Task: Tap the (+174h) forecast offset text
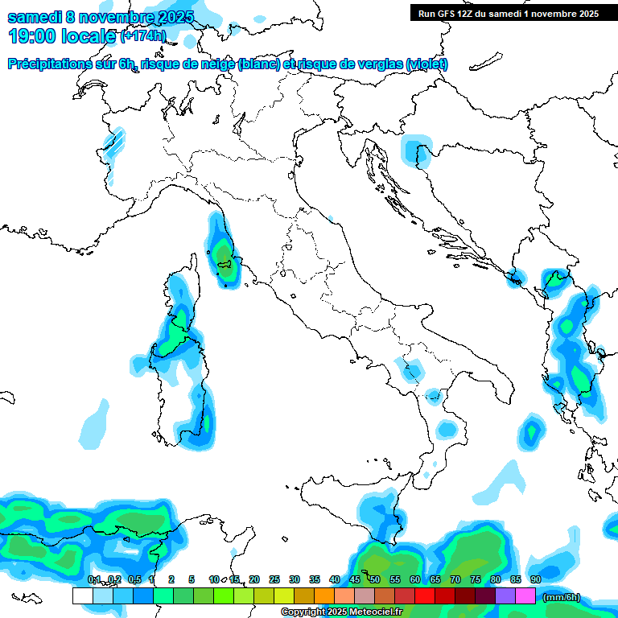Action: [142, 35]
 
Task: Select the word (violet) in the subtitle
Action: [426, 64]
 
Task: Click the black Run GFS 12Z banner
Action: [509, 13]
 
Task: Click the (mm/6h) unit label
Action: [561, 597]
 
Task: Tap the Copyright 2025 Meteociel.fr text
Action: [341, 612]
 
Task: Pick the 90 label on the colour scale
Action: [535, 579]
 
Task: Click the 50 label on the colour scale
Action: [375, 579]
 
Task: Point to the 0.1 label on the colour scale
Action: [93, 579]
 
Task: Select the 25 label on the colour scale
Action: [274, 579]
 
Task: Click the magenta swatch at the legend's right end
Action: [525, 595]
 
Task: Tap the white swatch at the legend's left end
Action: [82, 595]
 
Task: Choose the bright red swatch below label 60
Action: [425, 595]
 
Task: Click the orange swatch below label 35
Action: [324, 595]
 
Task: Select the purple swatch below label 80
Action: [505, 595]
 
